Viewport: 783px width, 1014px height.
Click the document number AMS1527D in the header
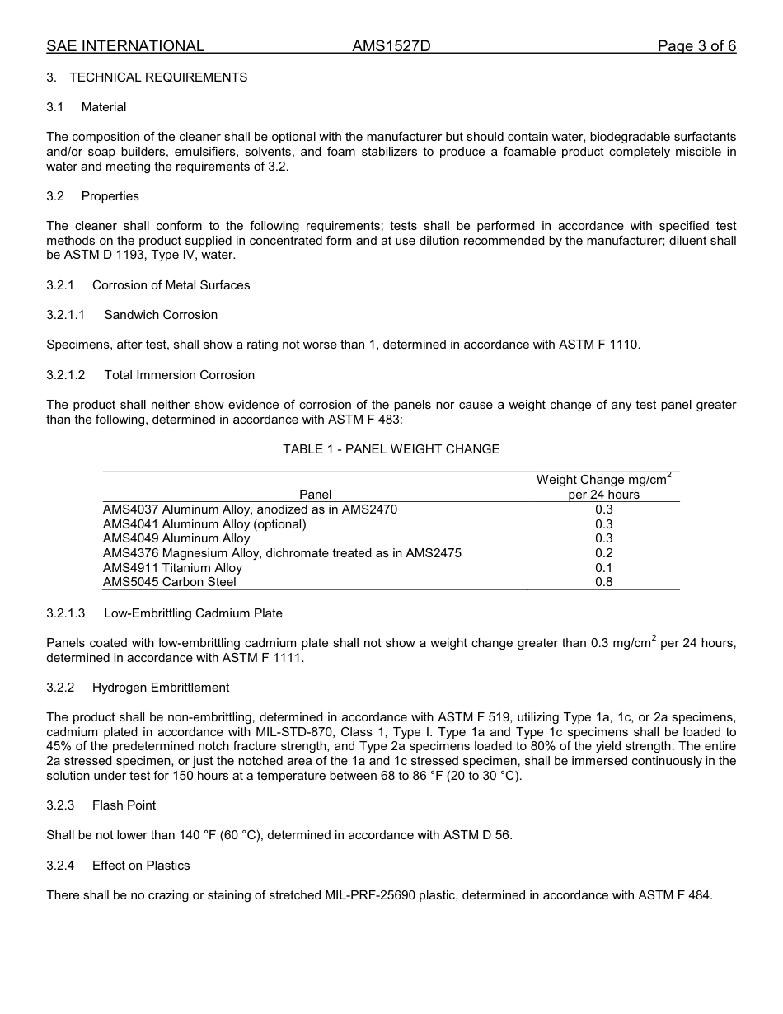tap(391, 46)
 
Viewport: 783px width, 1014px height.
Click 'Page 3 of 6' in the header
tap(696, 46)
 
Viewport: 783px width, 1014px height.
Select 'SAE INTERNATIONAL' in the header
tap(125, 46)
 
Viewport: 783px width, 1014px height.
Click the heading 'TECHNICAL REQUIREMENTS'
tap(158, 77)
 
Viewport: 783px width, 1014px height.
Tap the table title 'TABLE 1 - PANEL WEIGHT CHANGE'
tap(391, 449)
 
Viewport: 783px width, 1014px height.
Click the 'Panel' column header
tap(315, 495)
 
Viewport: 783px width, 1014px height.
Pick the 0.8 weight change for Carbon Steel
tap(603, 582)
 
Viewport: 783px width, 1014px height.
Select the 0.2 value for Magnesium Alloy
tap(603, 553)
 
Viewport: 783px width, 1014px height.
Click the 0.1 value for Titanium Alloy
tap(603, 568)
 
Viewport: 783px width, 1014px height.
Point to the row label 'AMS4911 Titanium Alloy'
tap(172, 568)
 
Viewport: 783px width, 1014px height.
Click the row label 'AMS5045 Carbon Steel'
tap(169, 582)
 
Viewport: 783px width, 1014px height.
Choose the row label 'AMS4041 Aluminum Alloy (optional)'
tap(204, 524)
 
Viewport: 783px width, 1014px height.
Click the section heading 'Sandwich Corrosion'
tap(161, 315)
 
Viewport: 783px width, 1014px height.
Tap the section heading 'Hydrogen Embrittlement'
tap(161, 688)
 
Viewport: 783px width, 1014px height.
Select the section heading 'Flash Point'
tap(124, 805)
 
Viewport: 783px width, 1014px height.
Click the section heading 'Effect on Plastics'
tap(141, 866)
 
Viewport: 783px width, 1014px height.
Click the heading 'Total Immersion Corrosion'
tap(179, 375)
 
